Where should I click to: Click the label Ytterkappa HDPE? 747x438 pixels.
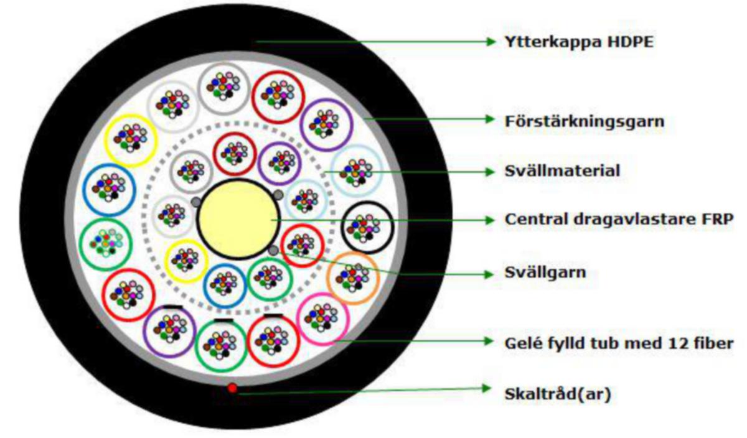click(579, 42)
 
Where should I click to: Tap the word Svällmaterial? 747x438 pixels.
click(562, 171)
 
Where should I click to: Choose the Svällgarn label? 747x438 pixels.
click(545, 273)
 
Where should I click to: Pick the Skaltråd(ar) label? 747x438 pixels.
click(558, 394)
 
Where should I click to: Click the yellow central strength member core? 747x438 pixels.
click(238, 218)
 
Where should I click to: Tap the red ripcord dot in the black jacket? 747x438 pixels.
click(232, 388)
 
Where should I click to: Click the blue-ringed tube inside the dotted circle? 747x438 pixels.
click(204, 286)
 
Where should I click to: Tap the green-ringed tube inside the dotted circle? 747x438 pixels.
click(249, 279)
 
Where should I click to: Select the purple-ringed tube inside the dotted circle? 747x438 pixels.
click(259, 164)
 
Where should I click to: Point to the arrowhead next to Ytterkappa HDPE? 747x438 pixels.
click(491, 42)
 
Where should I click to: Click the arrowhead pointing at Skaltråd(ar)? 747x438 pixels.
click(486, 389)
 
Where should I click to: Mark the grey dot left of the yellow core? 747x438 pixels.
click(196, 202)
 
